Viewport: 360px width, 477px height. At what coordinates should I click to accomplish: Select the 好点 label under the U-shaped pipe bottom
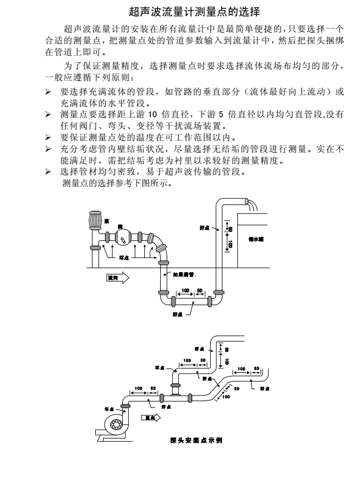(x=178, y=314)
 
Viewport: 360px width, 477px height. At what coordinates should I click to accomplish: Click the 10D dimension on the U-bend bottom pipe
(x=184, y=290)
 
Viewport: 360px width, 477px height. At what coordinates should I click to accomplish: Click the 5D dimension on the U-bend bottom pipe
(x=200, y=290)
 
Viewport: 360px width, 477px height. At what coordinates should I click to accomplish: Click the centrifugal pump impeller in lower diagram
(x=117, y=424)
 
